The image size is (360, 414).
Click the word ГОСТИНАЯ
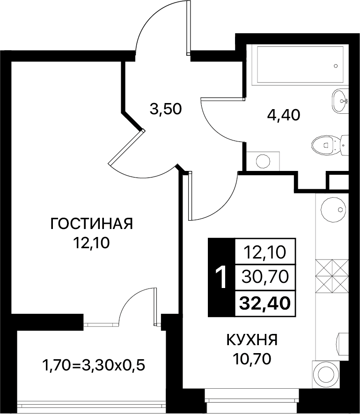click(x=91, y=224)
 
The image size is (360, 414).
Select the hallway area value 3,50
click(x=166, y=109)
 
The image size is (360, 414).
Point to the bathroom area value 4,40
click(x=284, y=115)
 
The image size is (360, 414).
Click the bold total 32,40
click(x=265, y=303)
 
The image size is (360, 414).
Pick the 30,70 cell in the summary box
click(x=265, y=277)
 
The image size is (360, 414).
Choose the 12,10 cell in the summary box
click(x=265, y=252)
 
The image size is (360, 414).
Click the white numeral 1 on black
click(x=221, y=277)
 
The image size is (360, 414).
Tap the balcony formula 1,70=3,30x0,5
click(x=94, y=365)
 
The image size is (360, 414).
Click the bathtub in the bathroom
click(x=300, y=65)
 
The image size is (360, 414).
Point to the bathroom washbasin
click(x=340, y=101)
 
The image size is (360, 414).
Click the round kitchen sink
click(x=333, y=210)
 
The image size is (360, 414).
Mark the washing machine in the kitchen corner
click(x=326, y=374)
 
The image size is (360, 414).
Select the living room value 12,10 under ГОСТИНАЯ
click(x=91, y=243)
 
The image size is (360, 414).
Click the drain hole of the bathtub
click(x=336, y=66)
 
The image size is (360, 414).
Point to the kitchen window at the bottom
click(x=252, y=399)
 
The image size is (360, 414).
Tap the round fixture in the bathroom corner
click(x=263, y=161)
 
